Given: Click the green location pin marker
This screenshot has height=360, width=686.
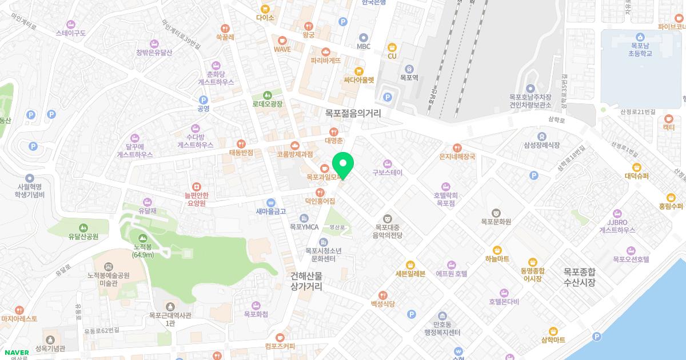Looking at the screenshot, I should [x=343, y=164].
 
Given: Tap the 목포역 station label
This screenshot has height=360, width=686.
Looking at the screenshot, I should [x=409, y=77].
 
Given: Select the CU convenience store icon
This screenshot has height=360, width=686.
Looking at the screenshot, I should [x=392, y=47].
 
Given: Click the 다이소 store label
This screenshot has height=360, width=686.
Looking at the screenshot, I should [x=265, y=18].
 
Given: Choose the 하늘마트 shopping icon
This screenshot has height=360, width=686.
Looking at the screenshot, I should [x=497, y=250].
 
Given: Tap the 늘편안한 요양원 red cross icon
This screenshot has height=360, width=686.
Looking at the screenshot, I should [x=197, y=186].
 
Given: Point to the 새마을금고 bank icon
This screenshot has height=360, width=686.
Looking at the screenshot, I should [x=271, y=202].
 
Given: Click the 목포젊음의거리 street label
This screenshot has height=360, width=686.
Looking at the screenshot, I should [x=353, y=114].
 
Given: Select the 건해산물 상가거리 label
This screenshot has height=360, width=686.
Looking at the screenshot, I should [x=306, y=281].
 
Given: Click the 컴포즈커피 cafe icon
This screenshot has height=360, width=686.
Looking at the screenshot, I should [x=280, y=337].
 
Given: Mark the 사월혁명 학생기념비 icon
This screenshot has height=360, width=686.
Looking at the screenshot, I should [x=30, y=178].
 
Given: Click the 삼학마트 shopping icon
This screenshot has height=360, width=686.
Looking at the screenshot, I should [x=553, y=331].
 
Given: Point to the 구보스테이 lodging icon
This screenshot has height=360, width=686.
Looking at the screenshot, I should [x=388, y=163].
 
